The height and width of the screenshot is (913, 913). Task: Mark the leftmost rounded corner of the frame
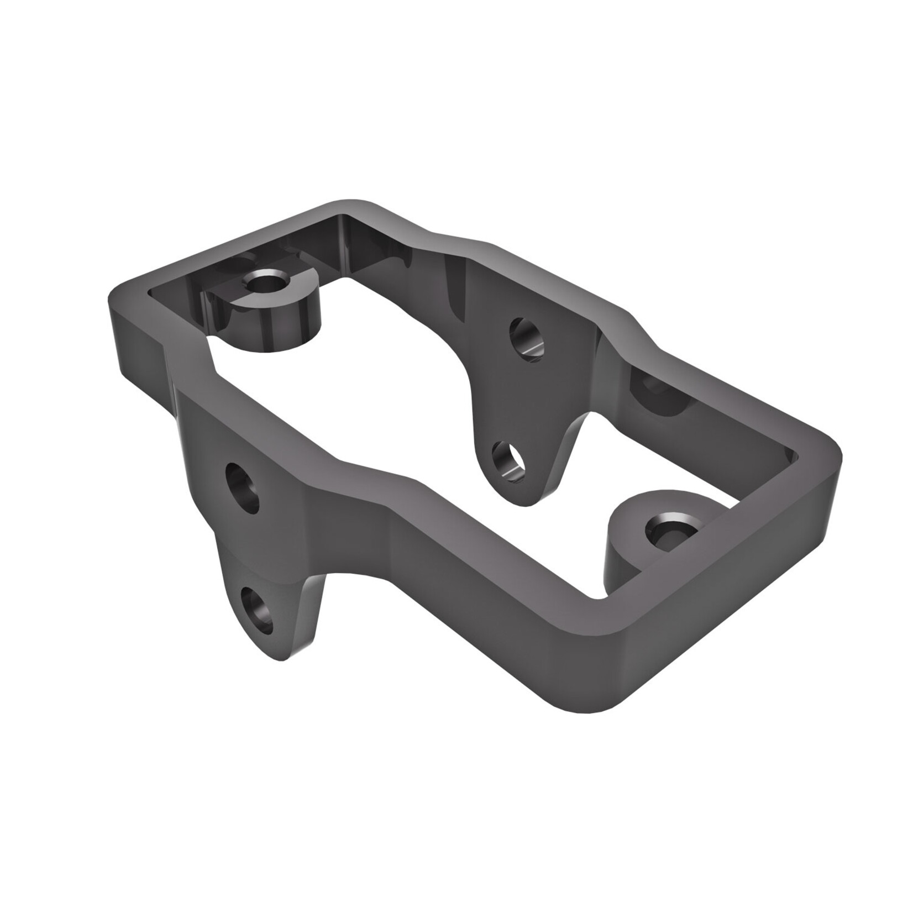tap(117, 298)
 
